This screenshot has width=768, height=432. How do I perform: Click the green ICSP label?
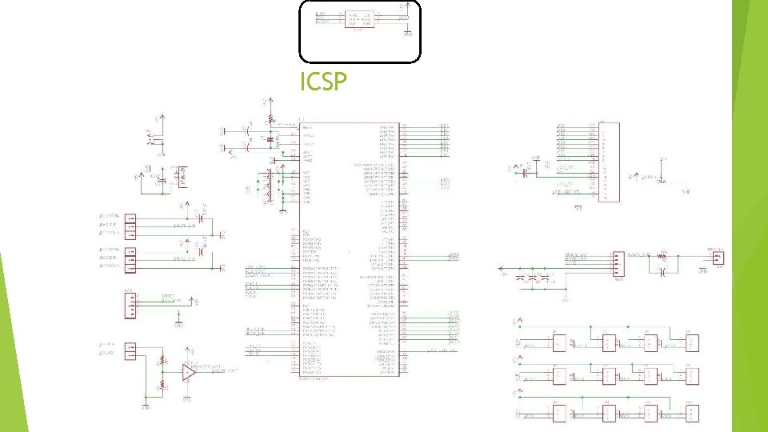pyautogui.click(x=323, y=82)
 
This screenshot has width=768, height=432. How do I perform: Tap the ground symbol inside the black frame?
pyautogui.click(x=407, y=33)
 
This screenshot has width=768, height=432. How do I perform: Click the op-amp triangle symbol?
pyautogui.click(x=189, y=373)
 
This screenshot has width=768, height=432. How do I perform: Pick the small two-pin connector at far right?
pyautogui.click(x=718, y=257)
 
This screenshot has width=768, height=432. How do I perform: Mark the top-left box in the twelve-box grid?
pyautogui.click(x=558, y=342)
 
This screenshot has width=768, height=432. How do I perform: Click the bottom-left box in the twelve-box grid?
pyautogui.click(x=558, y=413)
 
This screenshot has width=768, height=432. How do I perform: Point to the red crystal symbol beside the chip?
pyautogui.click(x=270, y=140)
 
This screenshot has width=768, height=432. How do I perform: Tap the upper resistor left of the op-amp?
pyautogui.click(x=163, y=361)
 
